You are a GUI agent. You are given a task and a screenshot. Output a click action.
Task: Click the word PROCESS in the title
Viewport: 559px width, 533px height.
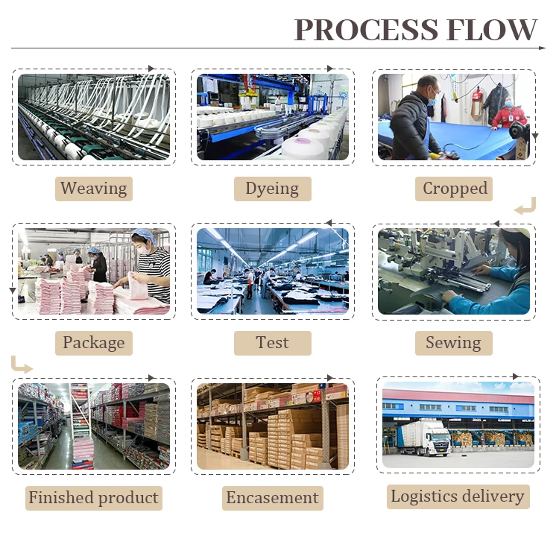[364, 29]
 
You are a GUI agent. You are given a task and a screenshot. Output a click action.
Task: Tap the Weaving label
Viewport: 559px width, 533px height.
[94, 189]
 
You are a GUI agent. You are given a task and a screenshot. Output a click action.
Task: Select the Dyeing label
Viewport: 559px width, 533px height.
[272, 189]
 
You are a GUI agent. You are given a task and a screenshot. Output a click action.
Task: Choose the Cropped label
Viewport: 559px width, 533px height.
[455, 189]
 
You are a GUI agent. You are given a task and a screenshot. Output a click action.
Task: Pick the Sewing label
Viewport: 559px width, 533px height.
[453, 343]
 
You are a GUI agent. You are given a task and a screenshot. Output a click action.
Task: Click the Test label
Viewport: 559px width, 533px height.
[272, 343]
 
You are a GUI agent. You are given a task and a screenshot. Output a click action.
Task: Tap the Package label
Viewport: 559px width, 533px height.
[94, 343]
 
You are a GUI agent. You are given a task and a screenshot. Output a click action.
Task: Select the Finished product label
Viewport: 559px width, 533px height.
[94, 497]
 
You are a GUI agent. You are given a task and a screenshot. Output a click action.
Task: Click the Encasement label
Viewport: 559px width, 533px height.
[272, 497]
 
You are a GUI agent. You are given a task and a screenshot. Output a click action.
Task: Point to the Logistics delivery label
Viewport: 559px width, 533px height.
[458, 496]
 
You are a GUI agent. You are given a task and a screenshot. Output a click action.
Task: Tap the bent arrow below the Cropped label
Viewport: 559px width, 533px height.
[525, 206]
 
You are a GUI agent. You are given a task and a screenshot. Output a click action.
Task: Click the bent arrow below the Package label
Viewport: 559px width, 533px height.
[22, 365]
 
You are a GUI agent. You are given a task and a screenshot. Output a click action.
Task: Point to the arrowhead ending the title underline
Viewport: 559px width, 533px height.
[543, 48]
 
